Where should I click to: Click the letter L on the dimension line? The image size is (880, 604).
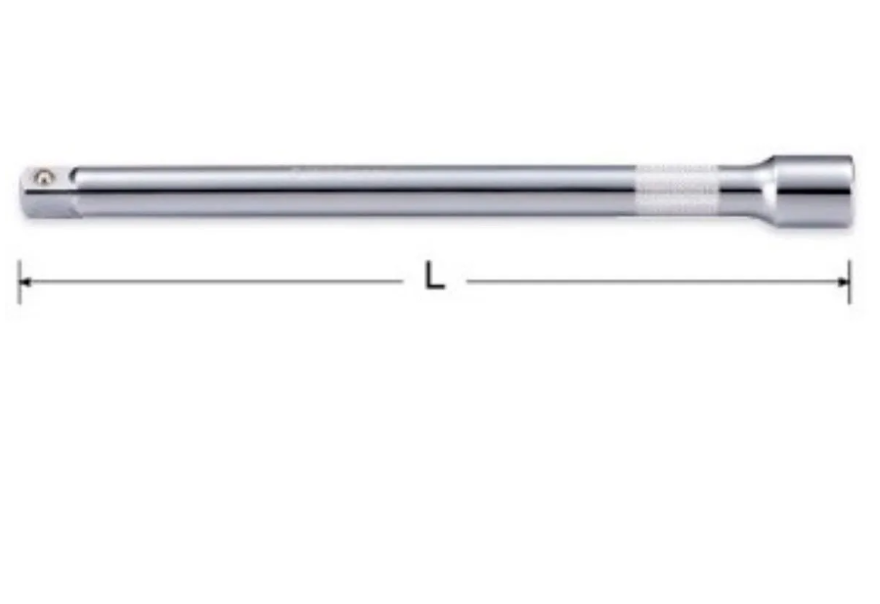434,279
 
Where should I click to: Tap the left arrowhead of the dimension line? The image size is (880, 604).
26,281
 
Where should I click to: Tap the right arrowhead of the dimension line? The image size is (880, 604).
842,281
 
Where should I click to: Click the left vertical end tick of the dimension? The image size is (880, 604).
19,281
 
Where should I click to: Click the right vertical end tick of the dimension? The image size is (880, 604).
850,281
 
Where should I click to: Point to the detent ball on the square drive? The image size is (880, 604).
42,177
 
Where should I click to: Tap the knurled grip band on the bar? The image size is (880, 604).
675,190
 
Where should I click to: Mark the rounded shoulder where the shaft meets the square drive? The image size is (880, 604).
74,191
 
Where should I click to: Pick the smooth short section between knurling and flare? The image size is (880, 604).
728,189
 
